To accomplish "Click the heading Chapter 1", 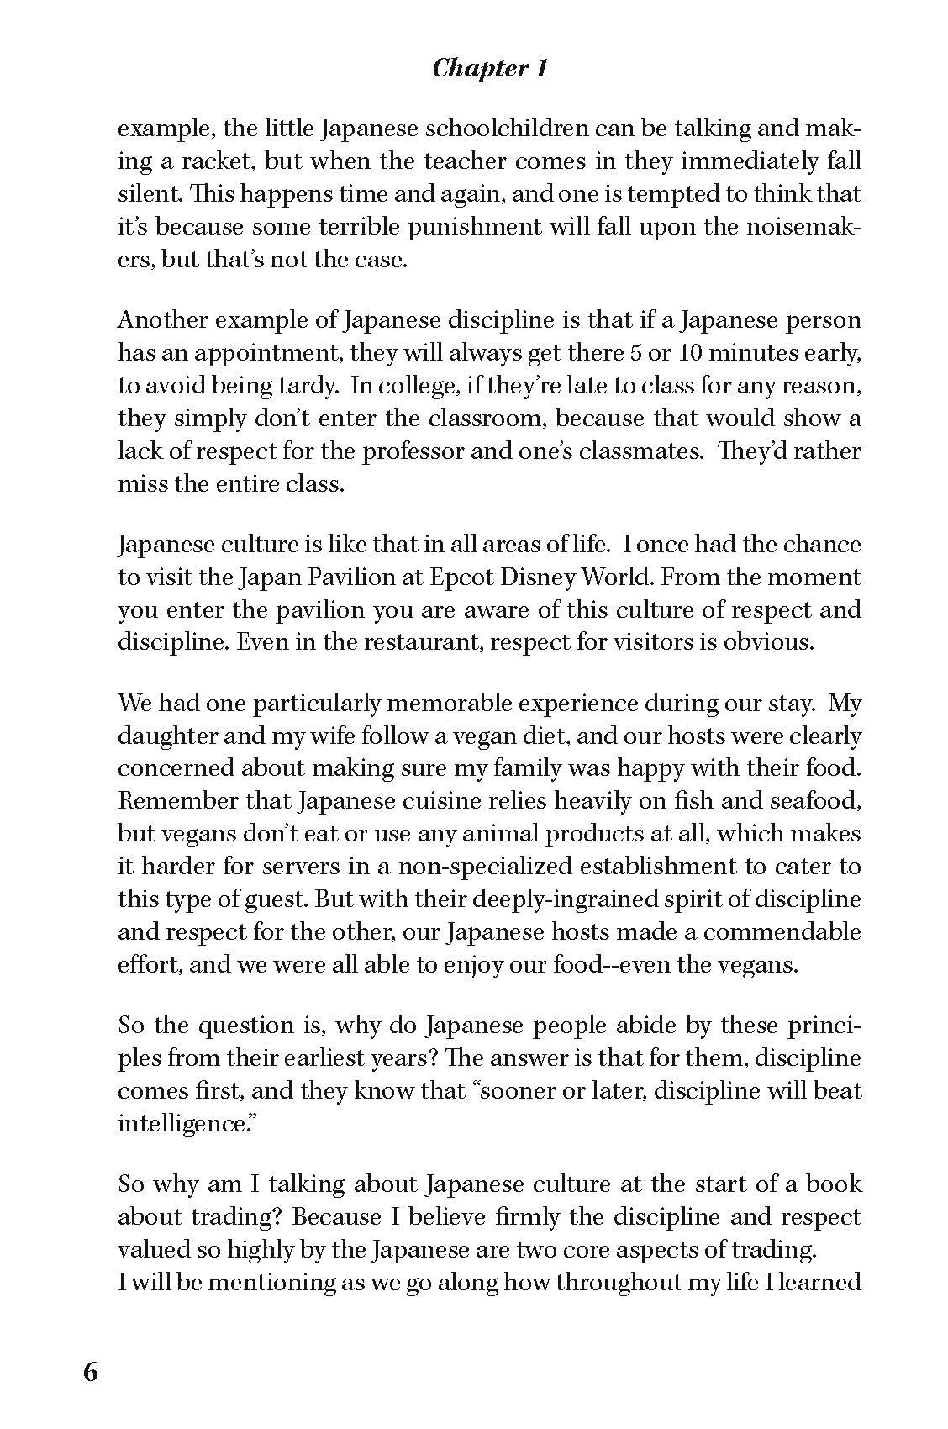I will click(x=490, y=68).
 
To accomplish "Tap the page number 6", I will click(x=91, y=1373).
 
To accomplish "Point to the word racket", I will click(x=216, y=162).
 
